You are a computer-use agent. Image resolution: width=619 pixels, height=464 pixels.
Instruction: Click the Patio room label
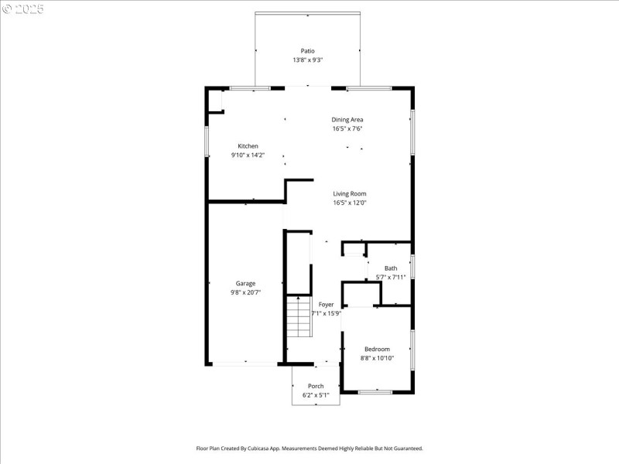tap(308, 51)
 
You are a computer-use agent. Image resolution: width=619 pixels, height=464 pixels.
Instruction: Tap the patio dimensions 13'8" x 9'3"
tap(308, 60)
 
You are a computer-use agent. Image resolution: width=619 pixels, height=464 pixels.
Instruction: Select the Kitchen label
tap(248, 146)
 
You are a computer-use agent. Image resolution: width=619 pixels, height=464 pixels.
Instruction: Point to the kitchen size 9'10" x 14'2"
tap(248, 155)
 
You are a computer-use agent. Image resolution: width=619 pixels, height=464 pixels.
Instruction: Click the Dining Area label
tap(347, 120)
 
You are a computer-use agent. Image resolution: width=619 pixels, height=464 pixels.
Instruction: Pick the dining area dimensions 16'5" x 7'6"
tap(347, 129)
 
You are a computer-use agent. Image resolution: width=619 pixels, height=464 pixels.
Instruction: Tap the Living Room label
tap(350, 193)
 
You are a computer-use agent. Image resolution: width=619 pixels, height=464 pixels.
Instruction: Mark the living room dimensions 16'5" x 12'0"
tap(350, 203)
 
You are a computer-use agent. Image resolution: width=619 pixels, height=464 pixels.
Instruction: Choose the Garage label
tap(245, 283)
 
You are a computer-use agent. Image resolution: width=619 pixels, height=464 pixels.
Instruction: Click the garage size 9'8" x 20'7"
tap(245, 292)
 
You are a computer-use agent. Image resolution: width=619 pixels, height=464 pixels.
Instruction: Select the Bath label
tap(391, 268)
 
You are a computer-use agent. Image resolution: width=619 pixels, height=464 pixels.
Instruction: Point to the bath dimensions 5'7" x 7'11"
tap(391, 277)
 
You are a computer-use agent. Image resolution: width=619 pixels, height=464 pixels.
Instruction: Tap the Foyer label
tap(326, 305)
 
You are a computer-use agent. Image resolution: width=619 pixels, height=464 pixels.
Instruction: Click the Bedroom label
tap(377, 349)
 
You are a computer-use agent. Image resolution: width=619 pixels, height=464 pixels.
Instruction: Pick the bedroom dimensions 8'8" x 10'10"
tap(377, 358)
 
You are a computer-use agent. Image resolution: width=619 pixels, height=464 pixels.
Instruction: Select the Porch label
tap(316, 386)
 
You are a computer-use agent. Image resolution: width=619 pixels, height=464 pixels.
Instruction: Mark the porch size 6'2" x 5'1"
tap(316, 395)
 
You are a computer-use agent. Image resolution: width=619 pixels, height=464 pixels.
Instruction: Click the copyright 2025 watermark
tap(23, 9)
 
